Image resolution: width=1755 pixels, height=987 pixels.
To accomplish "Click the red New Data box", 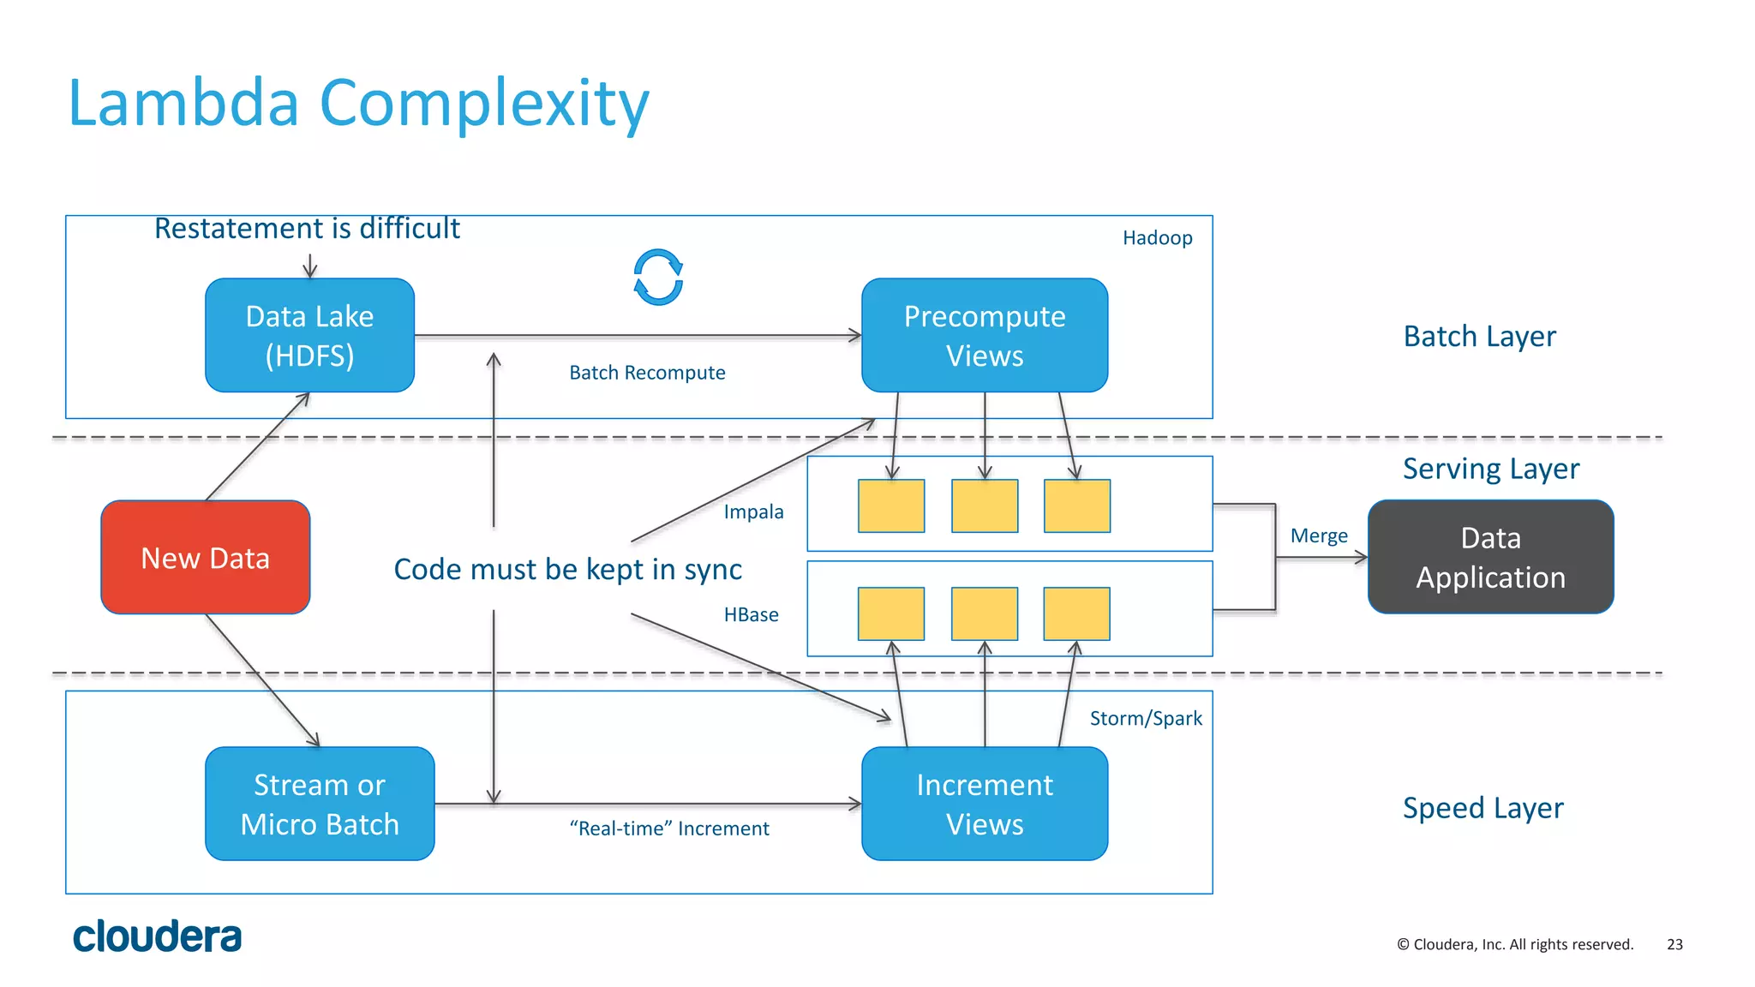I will point(205,558).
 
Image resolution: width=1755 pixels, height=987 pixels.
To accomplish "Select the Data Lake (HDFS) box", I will point(309,335).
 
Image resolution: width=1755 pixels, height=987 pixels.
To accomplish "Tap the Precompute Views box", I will point(984,335).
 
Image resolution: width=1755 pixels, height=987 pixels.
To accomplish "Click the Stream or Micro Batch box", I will point(320,804).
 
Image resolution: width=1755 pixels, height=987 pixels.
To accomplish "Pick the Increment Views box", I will point(984,804).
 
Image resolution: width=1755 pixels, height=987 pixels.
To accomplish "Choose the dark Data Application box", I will point(1490,557).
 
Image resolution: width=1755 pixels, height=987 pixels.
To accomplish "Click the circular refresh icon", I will point(658,278).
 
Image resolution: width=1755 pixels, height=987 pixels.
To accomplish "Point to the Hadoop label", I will point(1157,238).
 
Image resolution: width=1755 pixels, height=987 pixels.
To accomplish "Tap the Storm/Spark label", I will point(1145,718).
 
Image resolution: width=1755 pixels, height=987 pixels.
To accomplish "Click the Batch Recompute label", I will point(647,373).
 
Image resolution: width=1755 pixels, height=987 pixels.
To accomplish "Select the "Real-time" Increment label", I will point(669,828).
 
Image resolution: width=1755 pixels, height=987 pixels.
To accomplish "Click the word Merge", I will point(1319,536).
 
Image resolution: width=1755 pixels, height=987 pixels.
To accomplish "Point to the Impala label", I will point(753,512).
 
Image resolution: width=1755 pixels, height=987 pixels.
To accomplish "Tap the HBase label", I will point(751,615).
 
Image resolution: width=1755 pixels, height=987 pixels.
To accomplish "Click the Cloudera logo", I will point(157,936).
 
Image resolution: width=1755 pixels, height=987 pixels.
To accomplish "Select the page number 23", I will point(1674,944).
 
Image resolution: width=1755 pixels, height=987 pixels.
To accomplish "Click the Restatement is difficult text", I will point(307,229).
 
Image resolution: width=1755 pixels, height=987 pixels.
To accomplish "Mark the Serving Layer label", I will point(1490,469).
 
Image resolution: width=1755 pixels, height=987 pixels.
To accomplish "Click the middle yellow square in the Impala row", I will point(984,506).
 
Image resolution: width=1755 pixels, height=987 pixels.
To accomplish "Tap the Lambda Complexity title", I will point(358,104).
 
